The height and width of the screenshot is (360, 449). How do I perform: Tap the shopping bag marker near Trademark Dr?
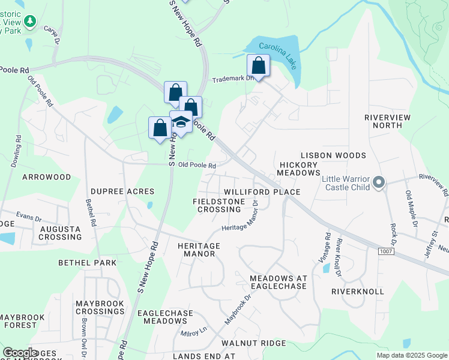click(x=258, y=65)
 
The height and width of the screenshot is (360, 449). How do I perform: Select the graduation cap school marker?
click(x=181, y=122)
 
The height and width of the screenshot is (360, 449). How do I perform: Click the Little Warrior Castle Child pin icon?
click(x=378, y=181)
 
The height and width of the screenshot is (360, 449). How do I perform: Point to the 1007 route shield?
click(x=387, y=252)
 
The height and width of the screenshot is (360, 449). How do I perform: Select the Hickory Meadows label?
click(x=298, y=169)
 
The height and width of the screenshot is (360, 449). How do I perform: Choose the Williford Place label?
click(x=262, y=191)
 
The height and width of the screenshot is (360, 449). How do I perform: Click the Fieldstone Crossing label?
click(x=219, y=205)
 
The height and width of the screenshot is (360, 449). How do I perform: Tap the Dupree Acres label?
click(x=122, y=191)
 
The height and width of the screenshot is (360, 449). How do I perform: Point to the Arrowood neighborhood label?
click(x=46, y=177)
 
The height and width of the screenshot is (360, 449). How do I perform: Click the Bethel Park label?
click(x=87, y=263)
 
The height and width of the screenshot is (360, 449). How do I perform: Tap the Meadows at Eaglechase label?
click(x=278, y=283)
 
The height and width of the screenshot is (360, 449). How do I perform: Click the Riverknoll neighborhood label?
click(x=357, y=291)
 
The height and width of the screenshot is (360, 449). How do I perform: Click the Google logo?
click(x=20, y=353)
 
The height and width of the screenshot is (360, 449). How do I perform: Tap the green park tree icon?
click(x=31, y=21)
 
